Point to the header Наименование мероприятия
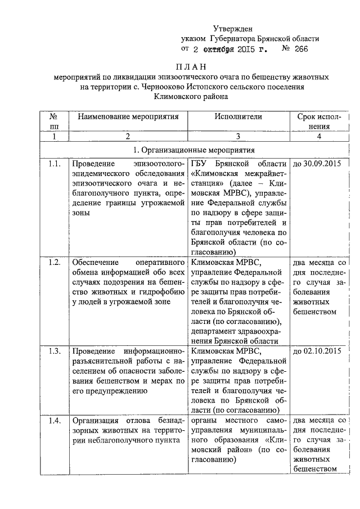click(x=128, y=117)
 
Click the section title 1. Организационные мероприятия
click(x=193, y=150)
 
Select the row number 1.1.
click(x=54, y=164)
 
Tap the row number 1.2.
click(x=54, y=262)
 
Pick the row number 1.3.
click(x=54, y=352)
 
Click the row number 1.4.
click(x=54, y=420)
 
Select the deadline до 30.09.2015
click(x=318, y=164)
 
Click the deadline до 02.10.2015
click(x=318, y=352)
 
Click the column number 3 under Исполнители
click(x=238, y=137)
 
